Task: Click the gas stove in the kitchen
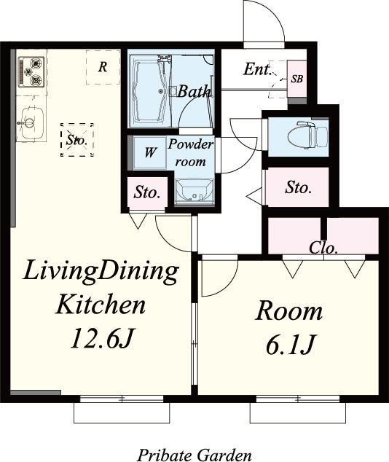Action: click(31, 72)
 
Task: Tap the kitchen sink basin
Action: click(31, 123)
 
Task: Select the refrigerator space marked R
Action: click(103, 67)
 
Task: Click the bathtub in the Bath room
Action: click(149, 91)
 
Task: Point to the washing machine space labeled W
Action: click(149, 152)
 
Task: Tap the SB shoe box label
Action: click(297, 79)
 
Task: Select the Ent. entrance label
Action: click(257, 69)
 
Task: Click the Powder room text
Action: click(191, 153)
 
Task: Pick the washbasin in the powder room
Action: click(194, 191)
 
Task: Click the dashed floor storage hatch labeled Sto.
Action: click(77, 140)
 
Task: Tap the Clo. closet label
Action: click(323, 248)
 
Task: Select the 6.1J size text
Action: click(289, 344)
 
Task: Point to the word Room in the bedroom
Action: click(289, 311)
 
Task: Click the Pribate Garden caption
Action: click(194, 454)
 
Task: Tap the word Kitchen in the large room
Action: click(101, 304)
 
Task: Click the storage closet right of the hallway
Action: click(298, 187)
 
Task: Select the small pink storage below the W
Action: click(147, 192)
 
